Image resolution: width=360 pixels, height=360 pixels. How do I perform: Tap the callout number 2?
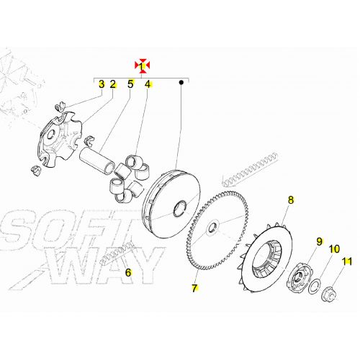113,84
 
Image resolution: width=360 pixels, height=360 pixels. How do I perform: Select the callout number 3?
102,84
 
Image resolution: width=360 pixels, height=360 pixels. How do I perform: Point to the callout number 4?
148,84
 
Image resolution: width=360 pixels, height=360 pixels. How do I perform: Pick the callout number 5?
130,84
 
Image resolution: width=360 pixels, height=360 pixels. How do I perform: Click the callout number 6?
128,272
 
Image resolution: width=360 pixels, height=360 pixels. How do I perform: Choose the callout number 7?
194,289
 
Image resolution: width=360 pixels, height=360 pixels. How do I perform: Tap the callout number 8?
291,199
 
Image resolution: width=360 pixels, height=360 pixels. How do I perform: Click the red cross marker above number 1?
143,65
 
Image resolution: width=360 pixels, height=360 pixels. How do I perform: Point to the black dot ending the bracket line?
181,84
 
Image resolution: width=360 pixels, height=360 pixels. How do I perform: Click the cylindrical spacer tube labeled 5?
99,158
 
